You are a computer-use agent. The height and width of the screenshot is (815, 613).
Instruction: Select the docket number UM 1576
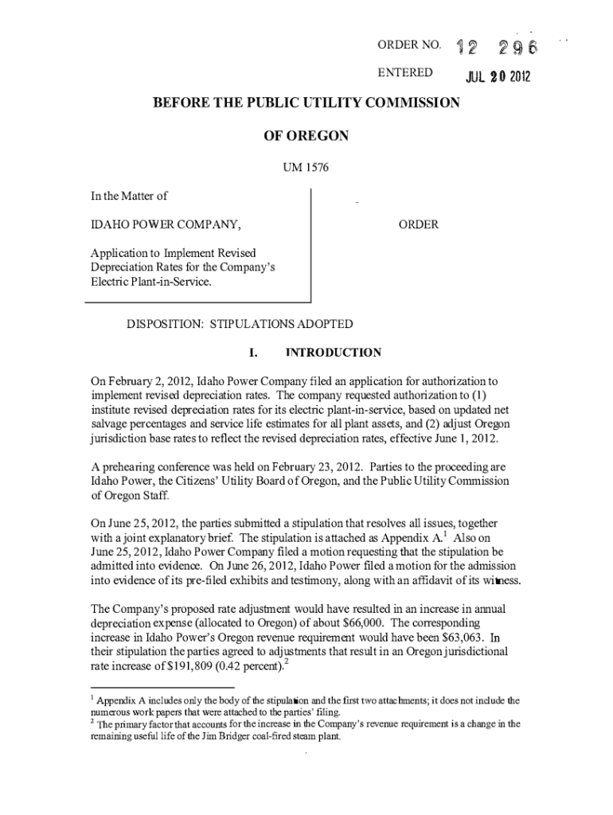(x=306, y=167)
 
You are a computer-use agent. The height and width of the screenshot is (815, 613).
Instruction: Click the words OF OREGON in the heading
(x=306, y=136)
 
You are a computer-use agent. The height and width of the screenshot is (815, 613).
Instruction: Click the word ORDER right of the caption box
(x=419, y=224)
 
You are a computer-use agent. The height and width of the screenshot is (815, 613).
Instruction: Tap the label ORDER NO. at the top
(x=408, y=45)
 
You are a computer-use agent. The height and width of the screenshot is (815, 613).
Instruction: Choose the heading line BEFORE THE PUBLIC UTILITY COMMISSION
(x=306, y=103)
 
